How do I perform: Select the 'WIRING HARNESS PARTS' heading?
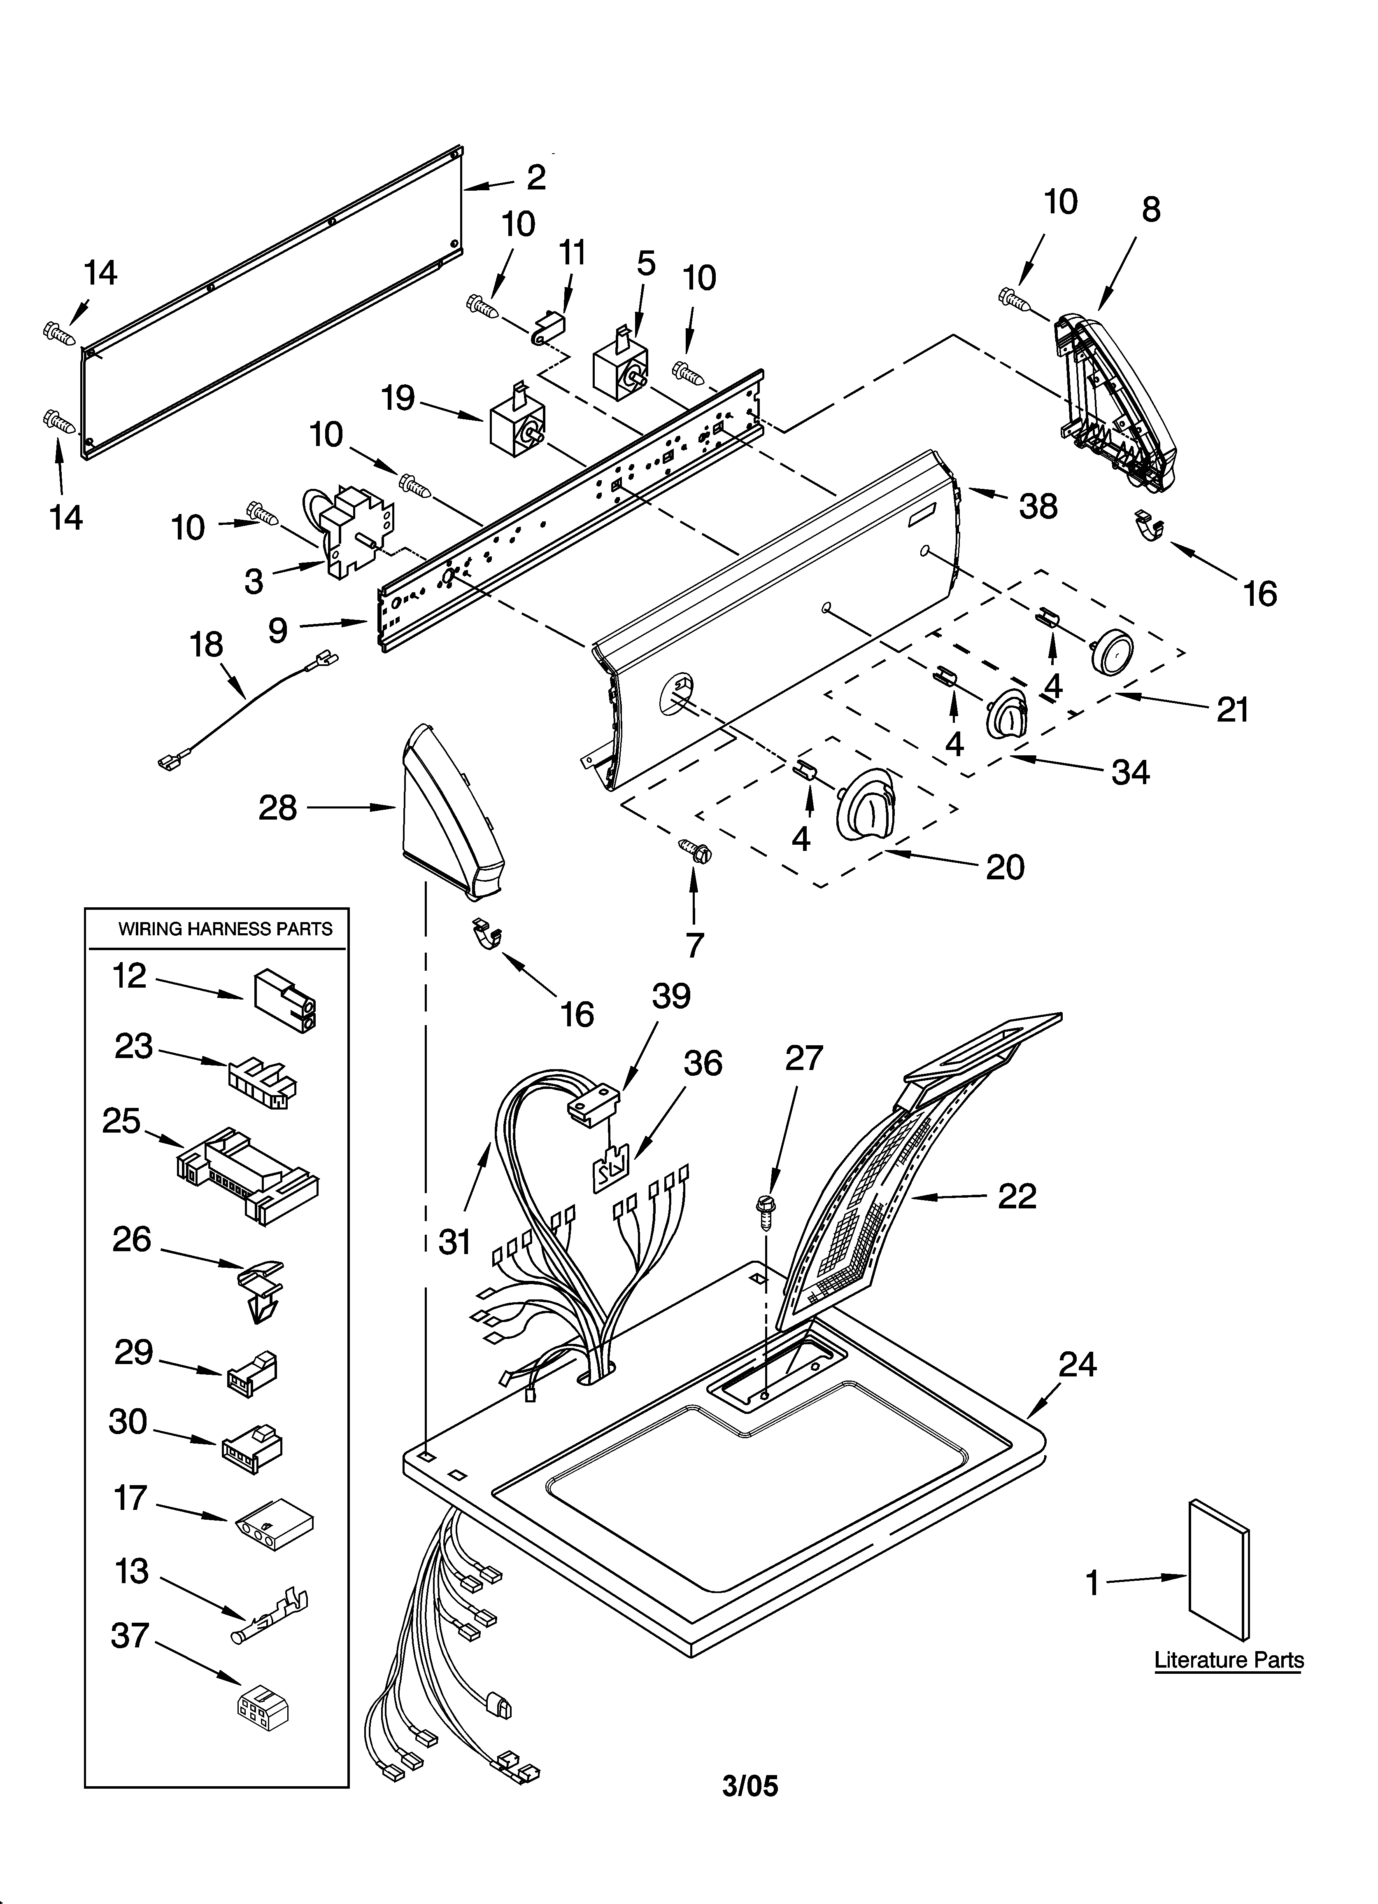[225, 929]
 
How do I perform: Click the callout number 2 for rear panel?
[535, 177]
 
